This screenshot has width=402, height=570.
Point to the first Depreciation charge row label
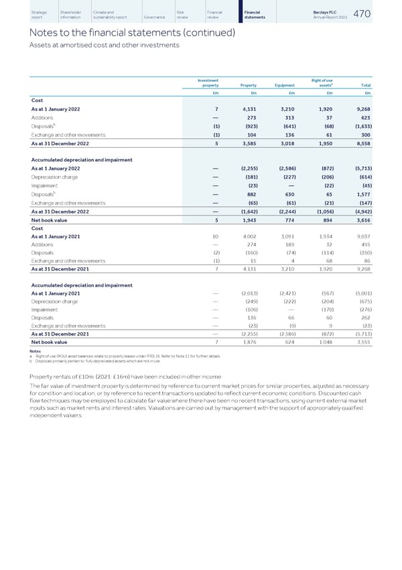[x=57, y=177]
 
